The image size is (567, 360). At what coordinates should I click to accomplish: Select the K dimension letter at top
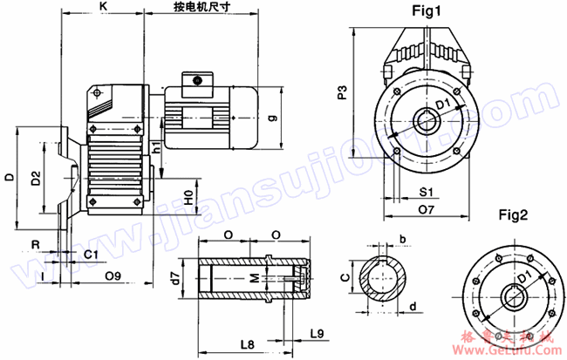(103, 7)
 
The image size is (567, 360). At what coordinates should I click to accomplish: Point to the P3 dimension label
(344, 93)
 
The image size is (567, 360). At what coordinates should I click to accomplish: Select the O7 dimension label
(427, 209)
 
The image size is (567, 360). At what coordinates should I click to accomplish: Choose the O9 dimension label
(112, 276)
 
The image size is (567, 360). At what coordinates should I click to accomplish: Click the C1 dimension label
(91, 254)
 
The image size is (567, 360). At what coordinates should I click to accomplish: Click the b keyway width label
(402, 239)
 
